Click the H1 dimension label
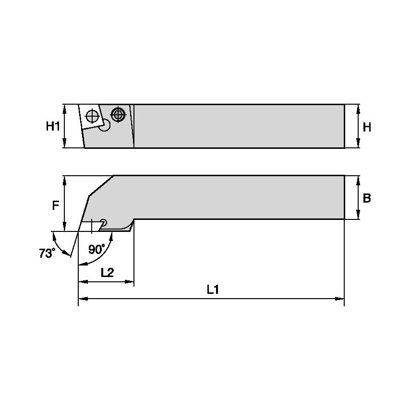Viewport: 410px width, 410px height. coord(53,126)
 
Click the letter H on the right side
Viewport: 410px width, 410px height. coord(367,127)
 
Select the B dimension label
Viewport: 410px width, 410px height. coord(366,198)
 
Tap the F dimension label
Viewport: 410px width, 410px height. coord(55,205)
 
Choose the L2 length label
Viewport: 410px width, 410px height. coord(107,272)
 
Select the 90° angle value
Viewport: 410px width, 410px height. coord(96,249)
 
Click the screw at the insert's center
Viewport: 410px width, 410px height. coord(92,116)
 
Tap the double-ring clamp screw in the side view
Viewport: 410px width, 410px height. coord(118,114)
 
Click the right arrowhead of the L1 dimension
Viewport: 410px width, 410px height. coord(341,299)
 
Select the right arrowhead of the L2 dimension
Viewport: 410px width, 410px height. coord(131,281)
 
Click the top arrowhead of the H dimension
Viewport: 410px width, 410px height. coord(358,108)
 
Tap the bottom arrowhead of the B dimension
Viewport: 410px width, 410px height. coord(358,216)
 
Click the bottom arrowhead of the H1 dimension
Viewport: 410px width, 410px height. coord(64,145)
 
